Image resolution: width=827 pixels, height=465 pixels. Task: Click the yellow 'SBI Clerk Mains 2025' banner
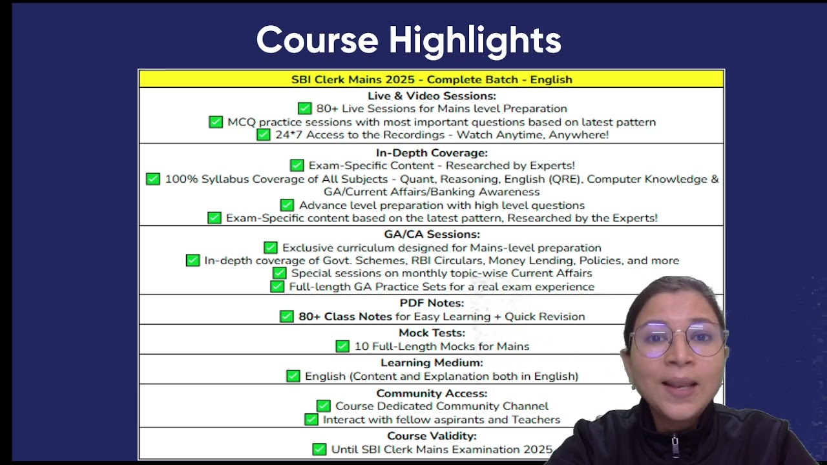click(431, 79)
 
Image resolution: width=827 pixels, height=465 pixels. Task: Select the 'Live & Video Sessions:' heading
click(432, 96)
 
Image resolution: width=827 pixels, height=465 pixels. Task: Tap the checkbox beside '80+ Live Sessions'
click(304, 108)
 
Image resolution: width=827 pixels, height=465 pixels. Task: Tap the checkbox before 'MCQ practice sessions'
click(216, 122)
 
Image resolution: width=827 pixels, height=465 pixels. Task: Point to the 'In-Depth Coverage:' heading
click(432, 153)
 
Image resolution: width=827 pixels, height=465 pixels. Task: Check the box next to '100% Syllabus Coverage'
click(153, 179)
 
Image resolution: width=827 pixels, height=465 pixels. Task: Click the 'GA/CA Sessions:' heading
click(432, 234)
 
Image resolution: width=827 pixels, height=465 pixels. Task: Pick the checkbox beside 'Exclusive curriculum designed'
click(270, 247)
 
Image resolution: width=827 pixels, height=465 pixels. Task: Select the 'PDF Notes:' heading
click(432, 303)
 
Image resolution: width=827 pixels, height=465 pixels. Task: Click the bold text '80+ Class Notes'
click(345, 316)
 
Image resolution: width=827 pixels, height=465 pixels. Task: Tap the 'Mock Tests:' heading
click(432, 333)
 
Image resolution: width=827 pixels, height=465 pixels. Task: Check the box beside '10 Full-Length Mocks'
click(342, 346)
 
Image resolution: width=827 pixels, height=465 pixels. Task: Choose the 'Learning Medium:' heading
click(432, 363)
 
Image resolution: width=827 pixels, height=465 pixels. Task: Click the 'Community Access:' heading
click(432, 393)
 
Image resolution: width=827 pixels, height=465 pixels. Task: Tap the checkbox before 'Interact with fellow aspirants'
click(311, 420)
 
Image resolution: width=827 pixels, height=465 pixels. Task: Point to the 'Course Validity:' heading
click(432, 436)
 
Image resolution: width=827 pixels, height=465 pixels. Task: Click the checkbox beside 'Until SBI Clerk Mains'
click(319, 449)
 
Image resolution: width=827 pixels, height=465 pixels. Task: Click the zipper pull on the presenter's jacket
click(675, 446)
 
